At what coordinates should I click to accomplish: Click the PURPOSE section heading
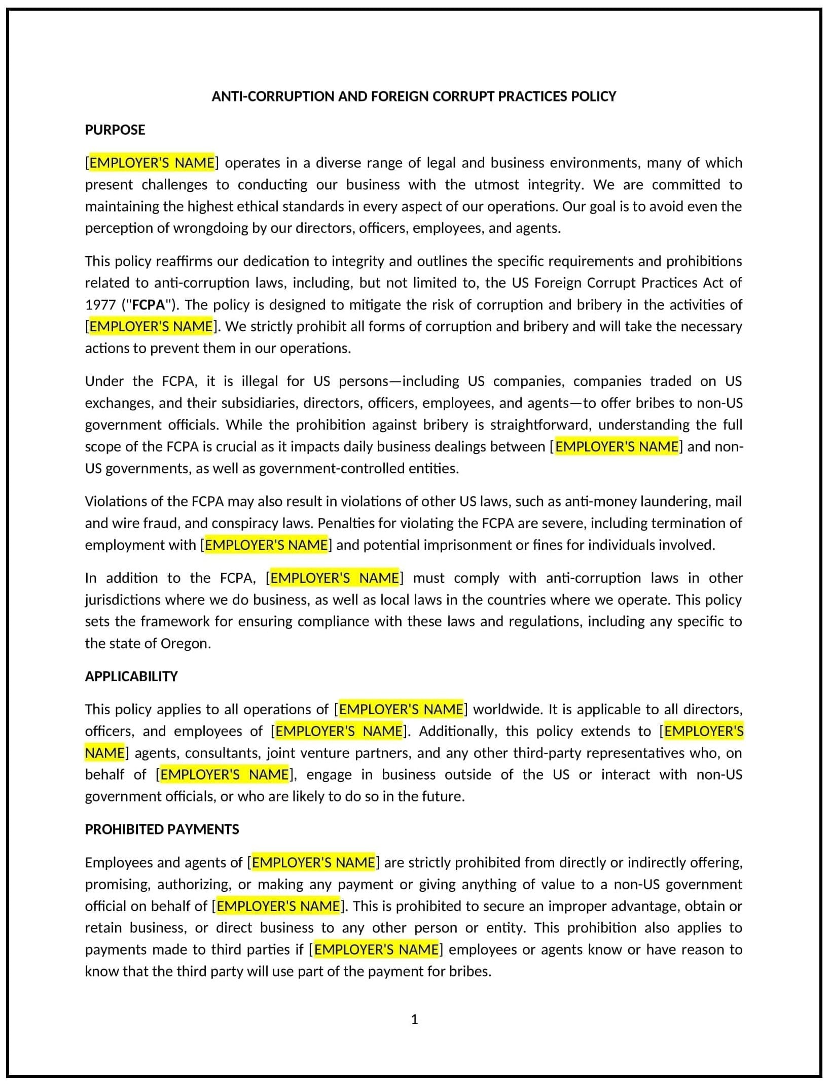point(115,130)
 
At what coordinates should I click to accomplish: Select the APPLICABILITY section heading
point(131,676)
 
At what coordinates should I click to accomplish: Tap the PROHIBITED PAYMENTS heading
point(162,829)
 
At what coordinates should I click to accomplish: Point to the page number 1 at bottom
point(414,1019)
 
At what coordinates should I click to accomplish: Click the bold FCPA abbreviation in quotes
point(149,305)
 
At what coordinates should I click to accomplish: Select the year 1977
point(101,305)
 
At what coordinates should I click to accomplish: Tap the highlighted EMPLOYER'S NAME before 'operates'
point(152,163)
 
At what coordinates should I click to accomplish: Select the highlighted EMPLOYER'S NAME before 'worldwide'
point(401,709)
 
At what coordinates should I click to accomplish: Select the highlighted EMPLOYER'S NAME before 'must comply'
point(334,578)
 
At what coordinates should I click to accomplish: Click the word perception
point(118,228)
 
